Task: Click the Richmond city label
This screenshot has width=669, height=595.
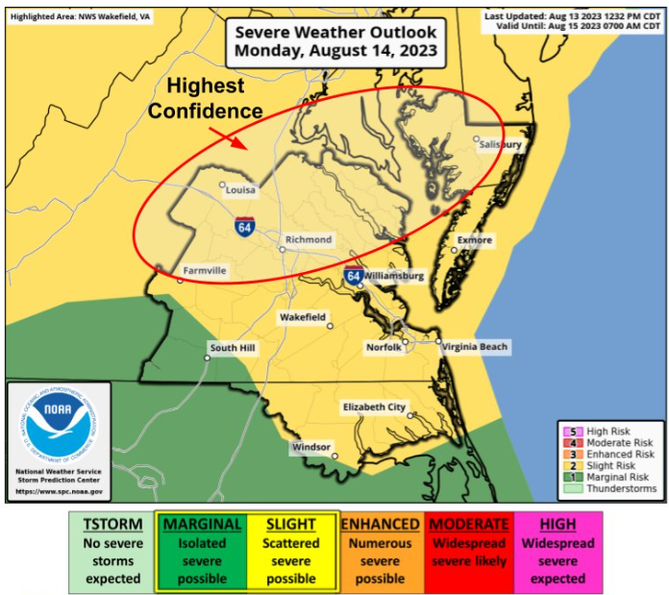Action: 309,239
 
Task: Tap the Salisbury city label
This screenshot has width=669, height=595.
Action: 500,144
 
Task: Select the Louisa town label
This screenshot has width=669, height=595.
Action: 240,190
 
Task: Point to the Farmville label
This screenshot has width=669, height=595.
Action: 205,271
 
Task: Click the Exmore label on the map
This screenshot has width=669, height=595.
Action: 475,240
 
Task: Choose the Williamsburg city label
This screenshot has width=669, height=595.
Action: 394,276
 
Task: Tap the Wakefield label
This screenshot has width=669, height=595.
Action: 302,317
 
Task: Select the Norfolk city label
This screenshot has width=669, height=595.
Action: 384,347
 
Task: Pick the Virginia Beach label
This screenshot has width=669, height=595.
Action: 477,346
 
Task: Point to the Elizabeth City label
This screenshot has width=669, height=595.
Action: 374,408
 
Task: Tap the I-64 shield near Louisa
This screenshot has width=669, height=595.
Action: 245,228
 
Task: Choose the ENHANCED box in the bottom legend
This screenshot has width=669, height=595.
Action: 380,551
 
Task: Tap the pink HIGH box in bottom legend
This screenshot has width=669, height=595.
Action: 557,551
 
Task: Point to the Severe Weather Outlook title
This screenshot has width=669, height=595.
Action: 336,40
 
